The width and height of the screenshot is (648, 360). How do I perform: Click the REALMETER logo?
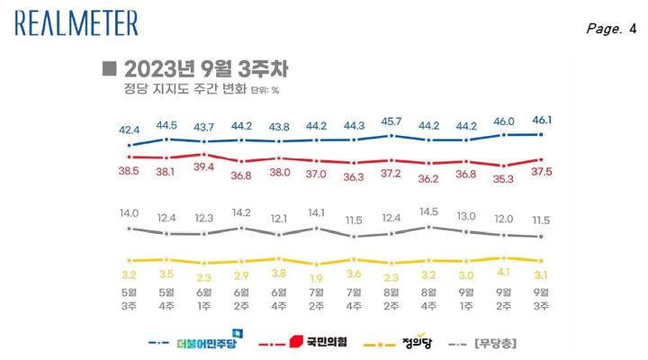76,22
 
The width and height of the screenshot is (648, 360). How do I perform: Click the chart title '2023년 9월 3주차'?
207,69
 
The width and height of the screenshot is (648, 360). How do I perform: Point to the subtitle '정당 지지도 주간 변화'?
177,89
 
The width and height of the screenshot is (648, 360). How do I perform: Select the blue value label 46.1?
542,119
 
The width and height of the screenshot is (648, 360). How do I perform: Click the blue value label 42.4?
129,129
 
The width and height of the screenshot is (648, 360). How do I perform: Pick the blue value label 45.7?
391,121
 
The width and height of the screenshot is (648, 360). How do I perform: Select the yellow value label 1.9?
317,277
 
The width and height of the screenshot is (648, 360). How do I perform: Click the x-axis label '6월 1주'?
203,300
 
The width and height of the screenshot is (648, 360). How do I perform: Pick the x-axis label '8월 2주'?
391,300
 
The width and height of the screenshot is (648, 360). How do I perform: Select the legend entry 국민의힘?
316,343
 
